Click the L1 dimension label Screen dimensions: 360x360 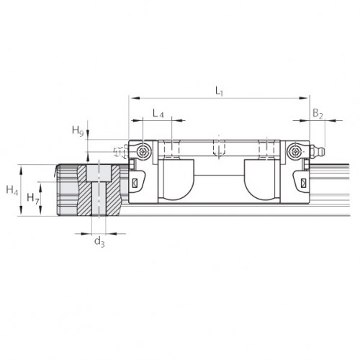coord(219,91)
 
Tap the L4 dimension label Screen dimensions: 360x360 coord(158,113)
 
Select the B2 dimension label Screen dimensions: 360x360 coord(318,113)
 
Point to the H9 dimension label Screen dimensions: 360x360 coord(78,131)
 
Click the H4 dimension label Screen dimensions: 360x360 coord(12,190)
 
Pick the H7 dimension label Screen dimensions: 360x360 coord(33,198)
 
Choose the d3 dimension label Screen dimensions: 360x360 coord(99,242)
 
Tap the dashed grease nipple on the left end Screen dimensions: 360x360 coord(121,152)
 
